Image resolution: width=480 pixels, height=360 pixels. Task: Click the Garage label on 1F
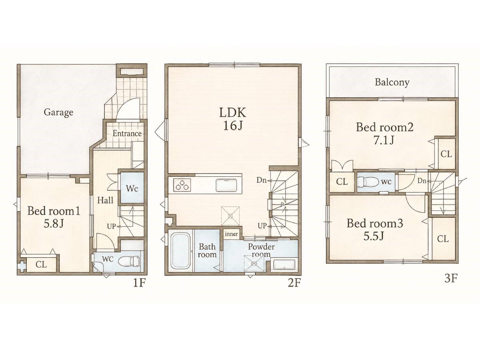click(58, 112)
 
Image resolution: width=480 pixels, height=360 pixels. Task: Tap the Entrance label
click(127, 133)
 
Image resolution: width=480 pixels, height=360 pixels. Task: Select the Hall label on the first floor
click(105, 200)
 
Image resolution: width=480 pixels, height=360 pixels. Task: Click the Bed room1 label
click(54, 211)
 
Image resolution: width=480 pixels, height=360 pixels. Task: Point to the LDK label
click(233, 113)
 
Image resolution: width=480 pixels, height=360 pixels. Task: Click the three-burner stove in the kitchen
click(182, 185)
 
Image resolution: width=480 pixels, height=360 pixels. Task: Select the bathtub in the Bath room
click(180, 251)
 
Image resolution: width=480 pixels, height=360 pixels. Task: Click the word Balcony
click(392, 82)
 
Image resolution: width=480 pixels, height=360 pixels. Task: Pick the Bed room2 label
click(385, 127)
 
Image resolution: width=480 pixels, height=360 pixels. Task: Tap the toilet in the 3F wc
click(368, 182)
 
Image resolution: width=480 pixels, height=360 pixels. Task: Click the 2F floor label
click(294, 283)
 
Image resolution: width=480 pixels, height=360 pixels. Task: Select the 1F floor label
click(139, 283)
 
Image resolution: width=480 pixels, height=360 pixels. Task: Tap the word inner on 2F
click(231, 234)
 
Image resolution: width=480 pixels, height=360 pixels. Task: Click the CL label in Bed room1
click(41, 265)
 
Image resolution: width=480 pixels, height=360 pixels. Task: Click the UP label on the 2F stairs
click(262, 226)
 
